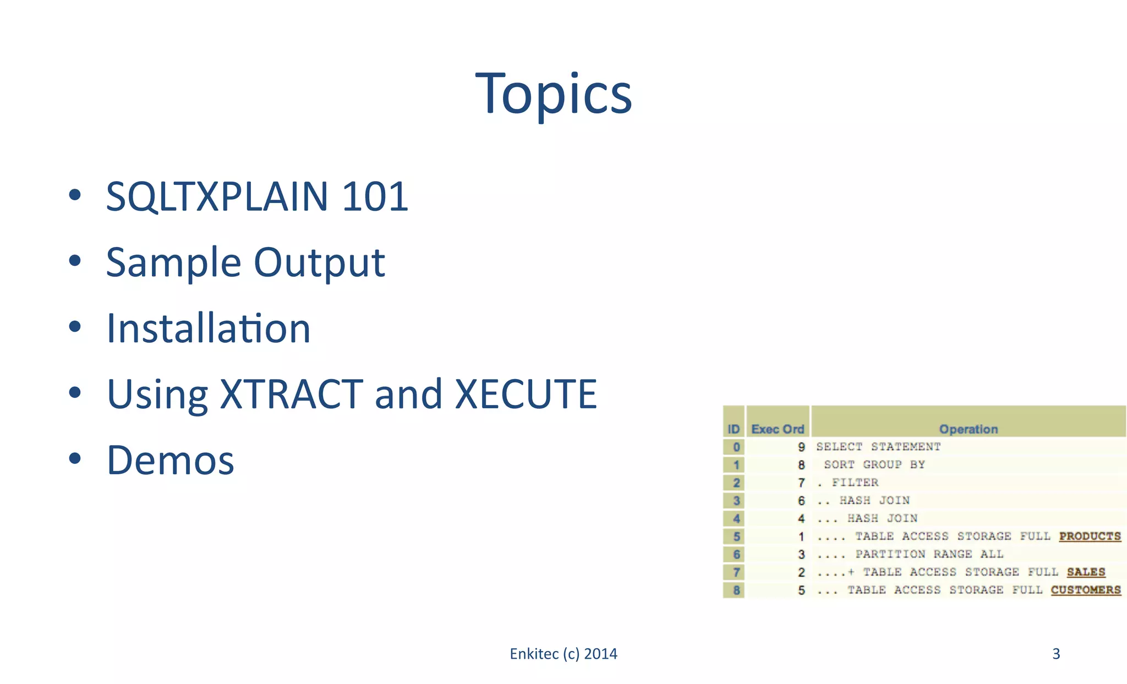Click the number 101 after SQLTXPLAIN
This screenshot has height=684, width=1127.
[x=375, y=197]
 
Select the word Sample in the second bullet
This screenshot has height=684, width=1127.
[x=173, y=262]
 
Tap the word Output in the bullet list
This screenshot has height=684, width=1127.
[x=319, y=262]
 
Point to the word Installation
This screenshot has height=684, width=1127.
[x=209, y=329]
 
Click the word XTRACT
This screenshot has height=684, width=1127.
[x=291, y=394]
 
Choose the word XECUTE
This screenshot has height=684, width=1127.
[x=526, y=394]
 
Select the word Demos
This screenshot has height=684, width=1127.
[x=171, y=460]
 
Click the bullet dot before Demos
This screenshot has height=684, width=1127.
[x=75, y=458]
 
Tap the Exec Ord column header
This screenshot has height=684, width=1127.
[x=778, y=429]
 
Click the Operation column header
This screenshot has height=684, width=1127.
[x=968, y=429]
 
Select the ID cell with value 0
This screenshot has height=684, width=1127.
[x=736, y=447]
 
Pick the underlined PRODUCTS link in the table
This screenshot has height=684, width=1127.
[x=1090, y=536]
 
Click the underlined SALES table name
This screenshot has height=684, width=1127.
[x=1086, y=572]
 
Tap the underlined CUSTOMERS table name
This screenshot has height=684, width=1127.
[x=1085, y=590]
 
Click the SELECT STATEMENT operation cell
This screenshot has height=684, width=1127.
[x=878, y=447]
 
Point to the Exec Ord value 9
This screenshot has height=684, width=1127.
[x=801, y=447]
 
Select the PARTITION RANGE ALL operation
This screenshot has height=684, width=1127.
[x=929, y=554]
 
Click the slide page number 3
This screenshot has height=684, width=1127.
[x=1056, y=654]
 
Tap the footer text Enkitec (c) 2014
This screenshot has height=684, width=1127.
[x=563, y=654]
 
